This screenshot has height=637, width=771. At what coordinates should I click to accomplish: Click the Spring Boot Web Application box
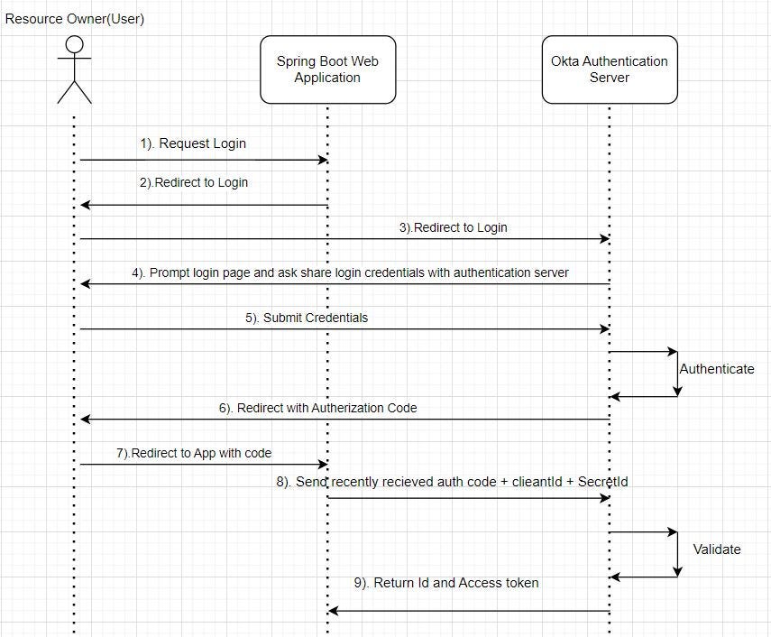click(328, 69)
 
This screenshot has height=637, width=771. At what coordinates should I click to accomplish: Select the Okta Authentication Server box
click(610, 69)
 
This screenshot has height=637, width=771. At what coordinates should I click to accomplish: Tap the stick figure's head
click(74, 44)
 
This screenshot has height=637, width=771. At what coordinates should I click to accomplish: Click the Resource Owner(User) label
click(75, 19)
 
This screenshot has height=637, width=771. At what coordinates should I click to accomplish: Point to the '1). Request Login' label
click(193, 143)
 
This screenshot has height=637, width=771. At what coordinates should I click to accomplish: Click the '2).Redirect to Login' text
click(194, 182)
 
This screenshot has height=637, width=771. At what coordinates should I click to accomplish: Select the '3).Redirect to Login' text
click(454, 227)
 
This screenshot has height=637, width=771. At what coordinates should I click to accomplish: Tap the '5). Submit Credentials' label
click(307, 318)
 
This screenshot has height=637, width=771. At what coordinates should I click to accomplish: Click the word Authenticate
click(717, 369)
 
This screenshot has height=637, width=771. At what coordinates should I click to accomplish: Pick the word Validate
click(717, 549)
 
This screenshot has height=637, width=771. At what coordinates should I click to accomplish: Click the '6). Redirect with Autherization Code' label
click(318, 408)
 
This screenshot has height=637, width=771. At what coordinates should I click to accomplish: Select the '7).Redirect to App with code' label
click(194, 453)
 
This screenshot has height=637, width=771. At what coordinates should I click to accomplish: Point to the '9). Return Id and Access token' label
click(446, 583)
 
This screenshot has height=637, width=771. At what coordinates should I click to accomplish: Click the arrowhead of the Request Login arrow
click(324, 160)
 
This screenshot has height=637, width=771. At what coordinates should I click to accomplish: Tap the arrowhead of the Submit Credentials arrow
click(605, 329)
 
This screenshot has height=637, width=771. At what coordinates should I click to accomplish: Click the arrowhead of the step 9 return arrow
click(333, 611)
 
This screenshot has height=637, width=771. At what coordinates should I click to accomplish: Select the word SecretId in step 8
click(603, 482)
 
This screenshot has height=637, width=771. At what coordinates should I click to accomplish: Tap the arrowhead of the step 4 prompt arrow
click(85, 284)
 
